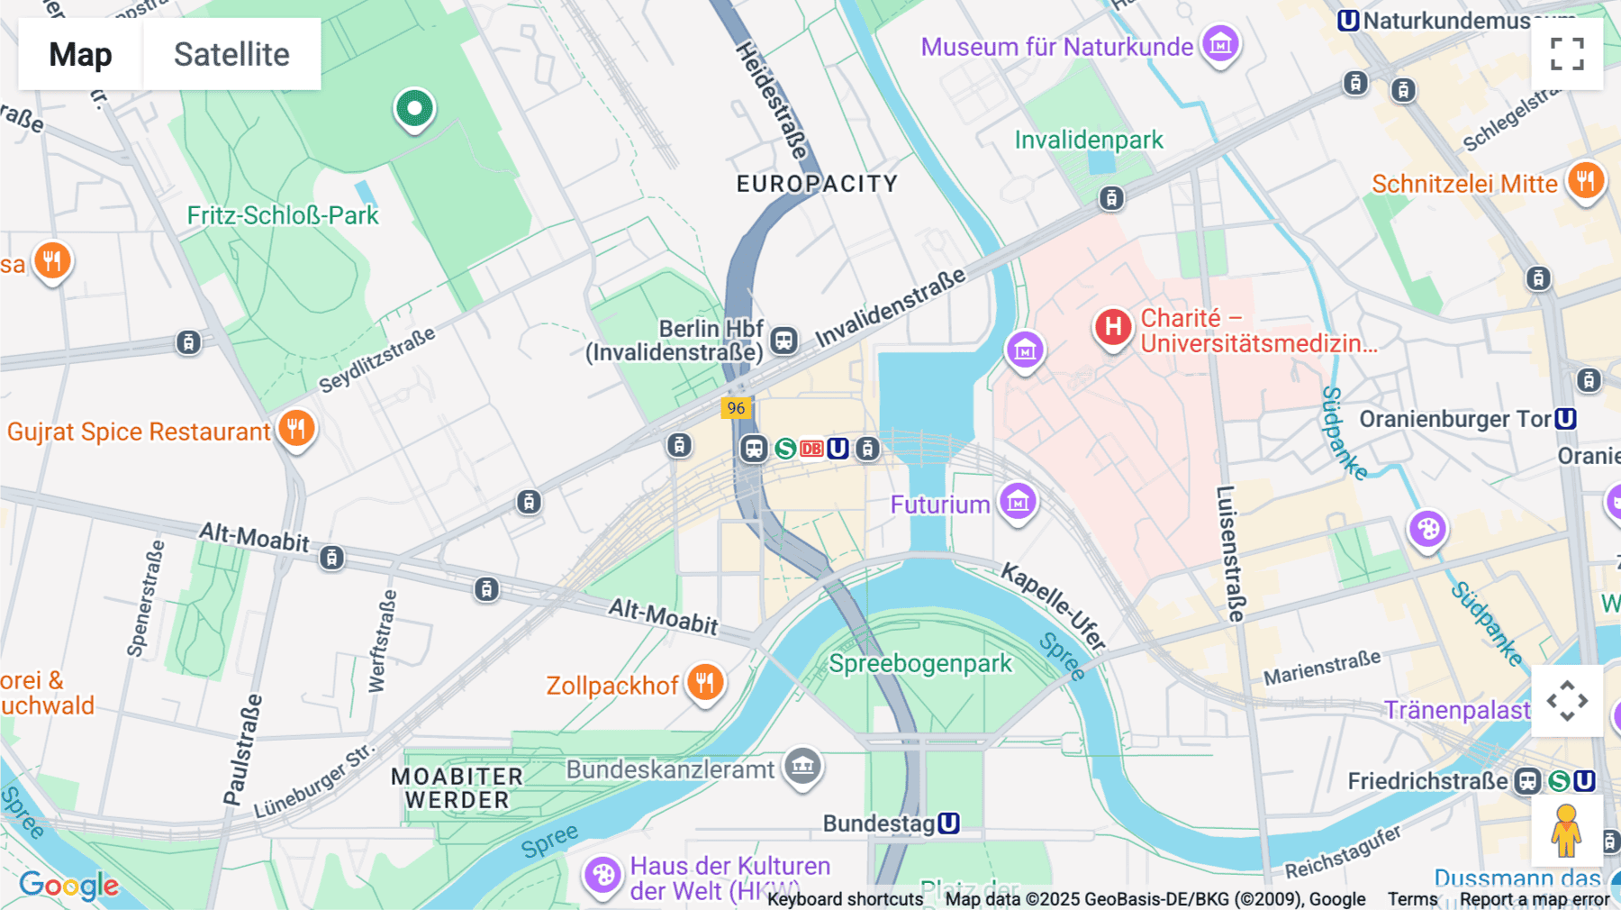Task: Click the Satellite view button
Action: [231, 54]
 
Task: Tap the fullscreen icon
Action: [1567, 54]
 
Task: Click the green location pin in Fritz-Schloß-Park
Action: [414, 110]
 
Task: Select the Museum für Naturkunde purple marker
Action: [1220, 44]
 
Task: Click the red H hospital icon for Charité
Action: [1113, 327]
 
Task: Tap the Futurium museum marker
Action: [1018, 502]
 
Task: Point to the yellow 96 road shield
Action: [736, 408]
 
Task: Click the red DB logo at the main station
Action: [811, 449]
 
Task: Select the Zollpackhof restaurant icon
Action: [705, 683]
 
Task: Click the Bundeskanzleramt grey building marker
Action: [802, 767]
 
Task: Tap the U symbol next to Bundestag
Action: [948, 824]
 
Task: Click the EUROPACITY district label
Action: [817, 184]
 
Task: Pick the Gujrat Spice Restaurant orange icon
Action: [296, 429]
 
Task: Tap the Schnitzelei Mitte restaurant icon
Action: [1585, 181]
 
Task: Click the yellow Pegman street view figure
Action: [1566, 831]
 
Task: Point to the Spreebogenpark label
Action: [920, 664]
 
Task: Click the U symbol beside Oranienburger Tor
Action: [1566, 419]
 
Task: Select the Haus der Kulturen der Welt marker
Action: [602, 875]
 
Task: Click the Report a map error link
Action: [1534, 899]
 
